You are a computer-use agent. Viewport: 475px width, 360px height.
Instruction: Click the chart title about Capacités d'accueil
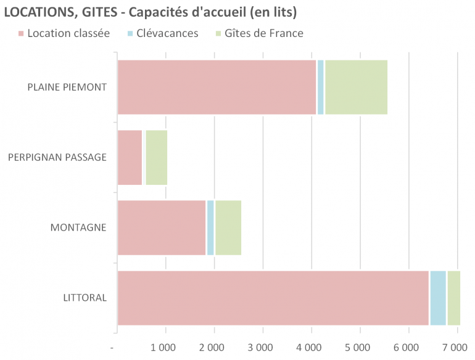pyautogui.click(x=151, y=12)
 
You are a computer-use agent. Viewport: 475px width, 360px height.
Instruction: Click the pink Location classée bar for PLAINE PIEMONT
pyautogui.click(x=216, y=87)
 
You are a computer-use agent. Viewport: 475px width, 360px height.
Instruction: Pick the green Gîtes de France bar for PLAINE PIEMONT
pyautogui.click(x=356, y=87)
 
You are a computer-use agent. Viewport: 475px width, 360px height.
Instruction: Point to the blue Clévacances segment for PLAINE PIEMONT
pyautogui.click(x=320, y=87)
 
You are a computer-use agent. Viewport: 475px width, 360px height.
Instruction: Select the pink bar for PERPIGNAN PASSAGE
pyautogui.click(x=130, y=157)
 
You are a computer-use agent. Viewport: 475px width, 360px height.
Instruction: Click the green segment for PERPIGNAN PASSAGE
pyautogui.click(x=156, y=157)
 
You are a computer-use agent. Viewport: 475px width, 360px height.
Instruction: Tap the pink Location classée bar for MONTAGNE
pyautogui.click(x=161, y=227)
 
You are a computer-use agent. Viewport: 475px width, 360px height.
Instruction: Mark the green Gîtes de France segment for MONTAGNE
pyautogui.click(x=228, y=227)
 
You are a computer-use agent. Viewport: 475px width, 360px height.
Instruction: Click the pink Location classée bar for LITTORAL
pyautogui.click(x=273, y=298)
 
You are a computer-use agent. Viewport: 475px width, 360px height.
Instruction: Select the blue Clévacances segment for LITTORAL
pyautogui.click(x=438, y=298)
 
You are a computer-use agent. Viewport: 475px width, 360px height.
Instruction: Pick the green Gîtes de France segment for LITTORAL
pyautogui.click(x=454, y=298)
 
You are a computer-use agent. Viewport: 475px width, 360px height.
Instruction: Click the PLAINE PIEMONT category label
pyautogui.click(x=67, y=87)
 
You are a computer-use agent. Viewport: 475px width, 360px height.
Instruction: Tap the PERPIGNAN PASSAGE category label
pyautogui.click(x=57, y=157)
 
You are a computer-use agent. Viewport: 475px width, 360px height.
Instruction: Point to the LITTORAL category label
pyautogui.click(x=85, y=298)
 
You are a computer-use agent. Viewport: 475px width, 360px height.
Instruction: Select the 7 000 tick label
pyautogui.click(x=456, y=348)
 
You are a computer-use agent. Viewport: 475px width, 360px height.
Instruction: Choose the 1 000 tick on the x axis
pyautogui.click(x=165, y=348)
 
